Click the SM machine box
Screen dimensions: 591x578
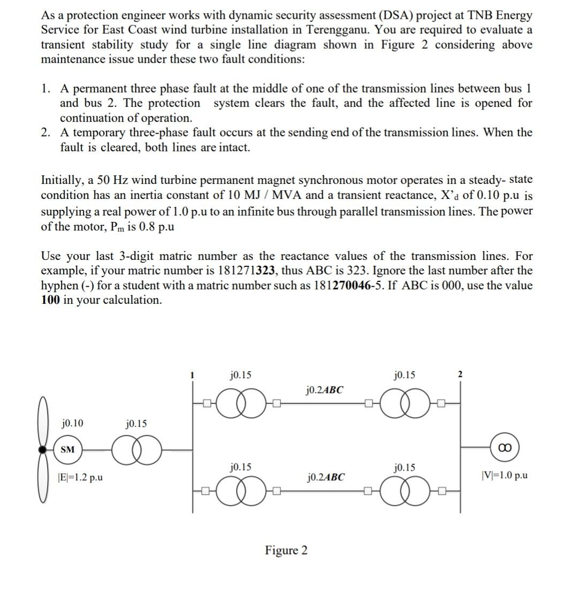[x=67, y=450]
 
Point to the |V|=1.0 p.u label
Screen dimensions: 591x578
[x=504, y=474]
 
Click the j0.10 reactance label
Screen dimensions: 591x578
[x=72, y=424]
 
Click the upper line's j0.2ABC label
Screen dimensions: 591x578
[x=324, y=390]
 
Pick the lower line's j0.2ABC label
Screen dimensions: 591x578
[x=324, y=476]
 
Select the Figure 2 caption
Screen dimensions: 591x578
[x=286, y=550]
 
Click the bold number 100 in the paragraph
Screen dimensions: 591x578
[x=52, y=300]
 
